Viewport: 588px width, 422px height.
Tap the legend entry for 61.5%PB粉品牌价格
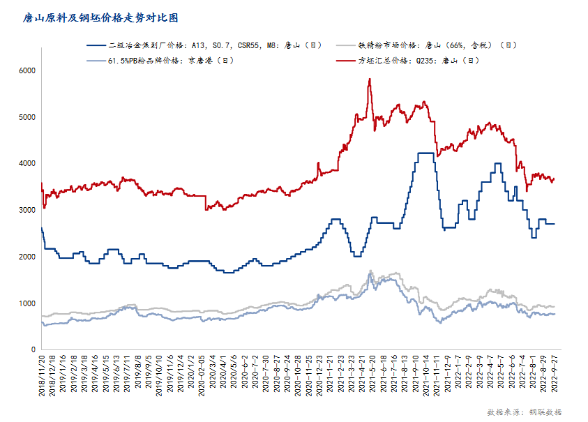point(170,60)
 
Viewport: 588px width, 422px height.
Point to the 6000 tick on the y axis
point(27,71)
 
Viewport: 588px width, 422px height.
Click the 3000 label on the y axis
point(27,210)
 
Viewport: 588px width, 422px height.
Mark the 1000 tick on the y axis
point(27,303)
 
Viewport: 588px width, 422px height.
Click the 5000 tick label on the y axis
point(27,117)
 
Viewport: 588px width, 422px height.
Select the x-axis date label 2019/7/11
point(127,375)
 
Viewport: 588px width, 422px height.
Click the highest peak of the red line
point(369,79)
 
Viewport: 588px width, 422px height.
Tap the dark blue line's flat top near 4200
point(426,153)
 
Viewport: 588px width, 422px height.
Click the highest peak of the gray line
point(370,271)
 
